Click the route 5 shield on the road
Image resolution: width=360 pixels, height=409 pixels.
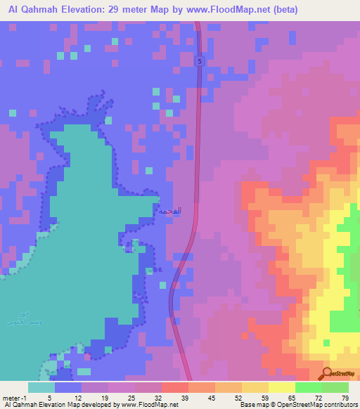200,62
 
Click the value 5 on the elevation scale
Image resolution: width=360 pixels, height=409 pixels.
49,397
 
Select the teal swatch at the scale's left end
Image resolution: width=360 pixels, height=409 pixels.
41,387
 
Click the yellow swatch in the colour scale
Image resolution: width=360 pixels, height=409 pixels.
281,387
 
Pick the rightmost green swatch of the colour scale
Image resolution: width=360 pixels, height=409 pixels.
335,387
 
